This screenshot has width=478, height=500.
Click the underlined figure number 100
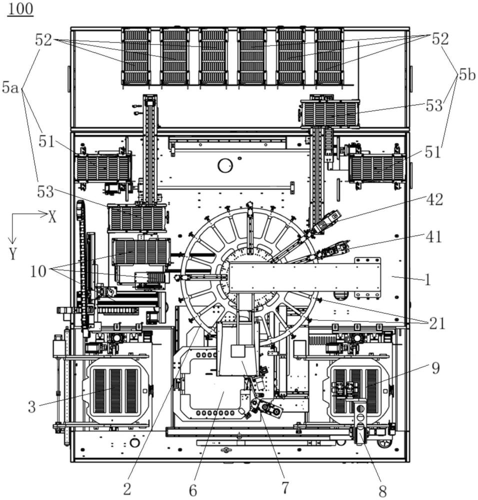coord(20,8)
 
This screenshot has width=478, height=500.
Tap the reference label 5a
coord(10,87)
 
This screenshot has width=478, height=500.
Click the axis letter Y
coord(13,254)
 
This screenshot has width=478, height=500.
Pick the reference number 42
coord(434,199)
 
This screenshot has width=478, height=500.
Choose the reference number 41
coord(433,236)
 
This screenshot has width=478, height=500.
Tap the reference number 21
coord(437,323)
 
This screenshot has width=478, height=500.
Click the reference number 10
coord(38,271)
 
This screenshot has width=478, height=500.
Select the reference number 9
coord(435,368)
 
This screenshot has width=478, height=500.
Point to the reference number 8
coord(382,491)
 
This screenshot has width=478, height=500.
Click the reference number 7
coord(285,487)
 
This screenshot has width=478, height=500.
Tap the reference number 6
coord(193,490)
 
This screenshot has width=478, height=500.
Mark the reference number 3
coord(31,407)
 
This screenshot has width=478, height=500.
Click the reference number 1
coord(428,279)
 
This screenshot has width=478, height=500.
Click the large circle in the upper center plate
coord(225,165)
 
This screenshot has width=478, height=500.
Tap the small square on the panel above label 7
coord(237,351)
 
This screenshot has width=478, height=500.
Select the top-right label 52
coord(440,39)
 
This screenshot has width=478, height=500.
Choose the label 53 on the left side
coord(45,192)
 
